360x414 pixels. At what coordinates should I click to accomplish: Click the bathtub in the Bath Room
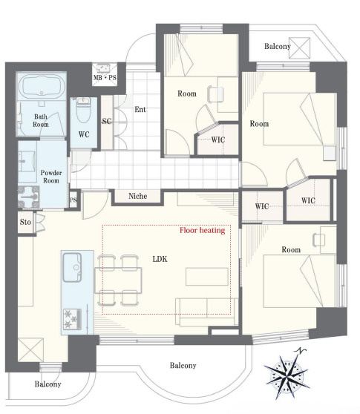42,86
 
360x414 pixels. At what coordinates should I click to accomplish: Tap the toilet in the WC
83,110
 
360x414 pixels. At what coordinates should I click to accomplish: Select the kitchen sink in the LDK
72,267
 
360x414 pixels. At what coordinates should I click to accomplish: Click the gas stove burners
72,319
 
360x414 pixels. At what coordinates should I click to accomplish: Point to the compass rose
287,375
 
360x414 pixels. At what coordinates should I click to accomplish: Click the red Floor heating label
203,231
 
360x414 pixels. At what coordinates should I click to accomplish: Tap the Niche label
137,196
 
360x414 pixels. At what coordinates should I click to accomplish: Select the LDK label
160,259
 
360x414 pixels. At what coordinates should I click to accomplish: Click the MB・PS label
105,78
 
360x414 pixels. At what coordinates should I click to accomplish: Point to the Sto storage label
25,222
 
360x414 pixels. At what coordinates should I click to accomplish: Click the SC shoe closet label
107,121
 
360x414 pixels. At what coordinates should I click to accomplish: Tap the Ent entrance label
140,109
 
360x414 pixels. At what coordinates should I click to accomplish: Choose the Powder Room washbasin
27,161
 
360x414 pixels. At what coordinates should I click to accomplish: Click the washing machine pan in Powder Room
28,197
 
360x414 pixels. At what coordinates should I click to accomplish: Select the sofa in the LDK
207,312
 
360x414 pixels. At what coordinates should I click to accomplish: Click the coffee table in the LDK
207,277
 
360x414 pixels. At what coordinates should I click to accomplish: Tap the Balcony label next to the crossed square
278,47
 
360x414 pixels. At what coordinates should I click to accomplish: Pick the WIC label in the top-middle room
218,139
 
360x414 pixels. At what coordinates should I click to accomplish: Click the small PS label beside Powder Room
73,200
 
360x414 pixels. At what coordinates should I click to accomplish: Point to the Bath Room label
41,120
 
